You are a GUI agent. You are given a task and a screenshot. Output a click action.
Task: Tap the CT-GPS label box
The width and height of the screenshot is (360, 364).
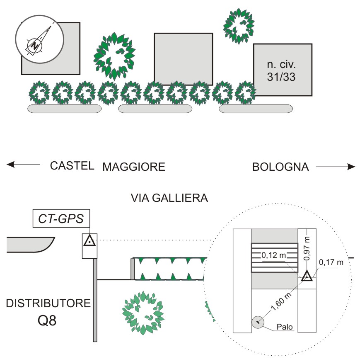(x=61, y=218)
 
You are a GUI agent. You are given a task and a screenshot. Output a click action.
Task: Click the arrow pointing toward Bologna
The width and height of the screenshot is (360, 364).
(x=335, y=167)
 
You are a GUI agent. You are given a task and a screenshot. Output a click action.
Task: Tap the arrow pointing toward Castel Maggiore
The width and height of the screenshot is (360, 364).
(x=24, y=165)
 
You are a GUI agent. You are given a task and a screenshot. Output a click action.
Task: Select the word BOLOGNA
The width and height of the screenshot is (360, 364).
(x=280, y=167)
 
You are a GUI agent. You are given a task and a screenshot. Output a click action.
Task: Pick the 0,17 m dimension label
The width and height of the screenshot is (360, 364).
(x=331, y=262)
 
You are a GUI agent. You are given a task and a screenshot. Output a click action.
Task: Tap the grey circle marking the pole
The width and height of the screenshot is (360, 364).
(x=258, y=321)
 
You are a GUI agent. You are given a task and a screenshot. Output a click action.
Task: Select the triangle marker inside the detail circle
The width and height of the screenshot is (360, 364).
(x=307, y=276)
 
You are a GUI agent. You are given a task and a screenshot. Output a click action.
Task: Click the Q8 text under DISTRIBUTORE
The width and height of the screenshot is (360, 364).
(x=48, y=320)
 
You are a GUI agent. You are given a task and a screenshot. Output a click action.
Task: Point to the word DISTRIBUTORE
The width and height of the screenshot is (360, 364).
(x=48, y=303)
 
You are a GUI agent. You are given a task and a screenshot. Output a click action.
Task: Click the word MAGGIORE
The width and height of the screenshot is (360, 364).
(x=134, y=167)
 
